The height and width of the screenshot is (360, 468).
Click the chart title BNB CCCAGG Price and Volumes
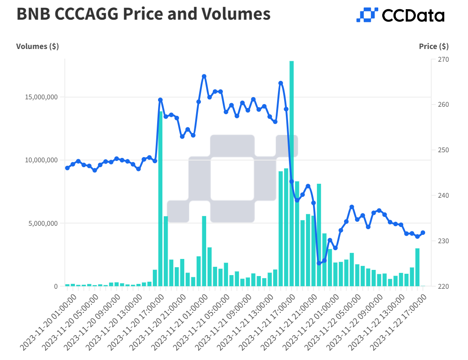(x=143, y=14)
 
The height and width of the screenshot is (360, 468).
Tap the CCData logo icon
(x=367, y=15)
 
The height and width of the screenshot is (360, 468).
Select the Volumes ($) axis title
(x=38, y=46)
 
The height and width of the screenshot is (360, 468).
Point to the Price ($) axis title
(x=433, y=46)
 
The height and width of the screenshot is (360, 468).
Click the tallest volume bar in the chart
(x=292, y=175)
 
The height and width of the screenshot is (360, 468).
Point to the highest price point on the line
(x=204, y=77)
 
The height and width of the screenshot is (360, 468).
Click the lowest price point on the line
(x=319, y=263)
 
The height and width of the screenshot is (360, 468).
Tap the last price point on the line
(x=423, y=233)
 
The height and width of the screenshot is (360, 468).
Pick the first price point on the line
(x=67, y=168)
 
